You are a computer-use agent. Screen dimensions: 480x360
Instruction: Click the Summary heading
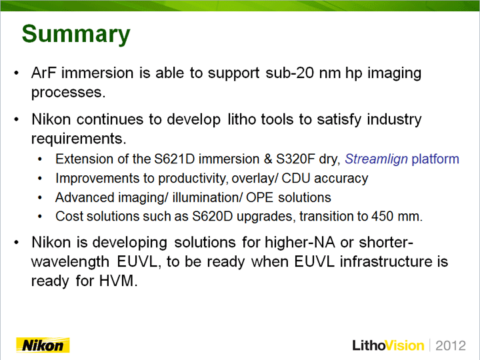point(76,35)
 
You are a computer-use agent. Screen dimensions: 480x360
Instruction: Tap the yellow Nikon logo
point(43,345)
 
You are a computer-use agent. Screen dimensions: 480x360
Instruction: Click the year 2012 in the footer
point(451,345)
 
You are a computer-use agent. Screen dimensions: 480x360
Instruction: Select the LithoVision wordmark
point(388,345)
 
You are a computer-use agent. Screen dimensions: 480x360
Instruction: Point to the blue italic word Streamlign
point(376,159)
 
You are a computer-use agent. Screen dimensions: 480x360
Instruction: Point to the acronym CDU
point(296,179)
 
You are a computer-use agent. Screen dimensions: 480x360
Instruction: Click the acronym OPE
point(259,197)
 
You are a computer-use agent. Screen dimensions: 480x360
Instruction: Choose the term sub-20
point(289,73)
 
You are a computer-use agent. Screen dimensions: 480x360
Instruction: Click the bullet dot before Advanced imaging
point(40,198)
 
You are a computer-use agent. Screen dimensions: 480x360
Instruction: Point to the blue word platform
point(435,159)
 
